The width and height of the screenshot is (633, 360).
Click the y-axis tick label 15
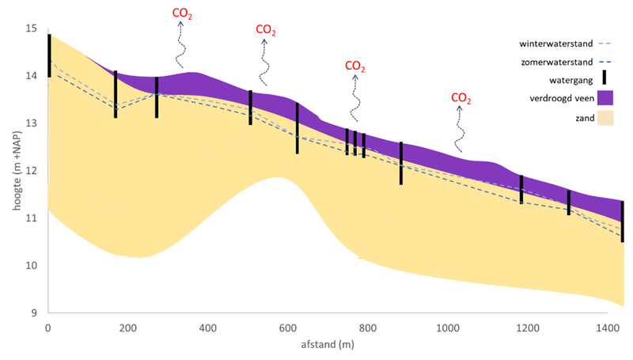tap(32, 28)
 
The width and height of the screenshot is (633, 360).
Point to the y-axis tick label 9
tap(34, 313)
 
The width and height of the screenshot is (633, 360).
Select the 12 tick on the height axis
tap(32, 171)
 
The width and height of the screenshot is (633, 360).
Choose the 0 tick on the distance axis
tap(48, 327)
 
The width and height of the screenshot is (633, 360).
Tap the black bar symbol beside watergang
tap(605, 78)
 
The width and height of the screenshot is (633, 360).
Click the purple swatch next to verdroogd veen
tap(605, 97)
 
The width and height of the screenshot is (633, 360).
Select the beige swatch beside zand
tap(605, 116)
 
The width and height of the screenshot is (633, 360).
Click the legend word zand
tap(572, 116)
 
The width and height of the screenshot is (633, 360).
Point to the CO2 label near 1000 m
tap(461, 98)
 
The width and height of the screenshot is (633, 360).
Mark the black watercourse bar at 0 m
tap(49, 55)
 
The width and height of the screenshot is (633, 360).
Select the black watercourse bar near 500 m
tap(251, 108)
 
